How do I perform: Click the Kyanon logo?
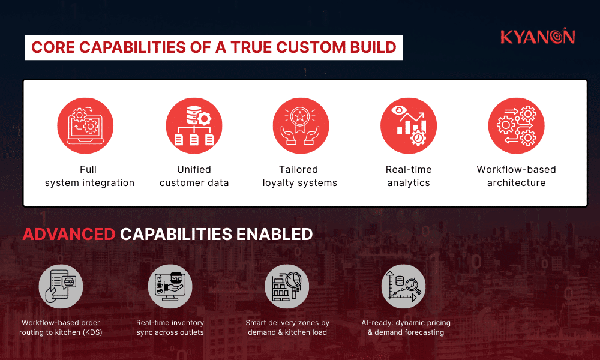point(538,37)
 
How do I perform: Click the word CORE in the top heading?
point(53,47)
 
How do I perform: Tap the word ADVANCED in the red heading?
point(68,234)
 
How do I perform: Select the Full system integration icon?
point(85,126)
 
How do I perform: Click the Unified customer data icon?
point(194,126)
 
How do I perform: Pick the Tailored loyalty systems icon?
point(301,126)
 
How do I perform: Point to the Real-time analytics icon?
point(409,126)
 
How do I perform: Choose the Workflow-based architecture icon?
point(516,126)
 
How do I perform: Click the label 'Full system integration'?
point(89,176)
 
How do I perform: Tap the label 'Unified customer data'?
point(194,176)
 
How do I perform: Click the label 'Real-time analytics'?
point(409,176)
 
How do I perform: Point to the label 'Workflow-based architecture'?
point(516,176)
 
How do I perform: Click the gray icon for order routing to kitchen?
point(61,286)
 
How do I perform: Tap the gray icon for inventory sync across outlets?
point(170,286)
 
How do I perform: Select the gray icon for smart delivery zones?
point(287,286)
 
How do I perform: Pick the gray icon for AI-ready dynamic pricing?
point(403,286)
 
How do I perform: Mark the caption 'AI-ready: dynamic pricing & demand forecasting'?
point(406,328)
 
